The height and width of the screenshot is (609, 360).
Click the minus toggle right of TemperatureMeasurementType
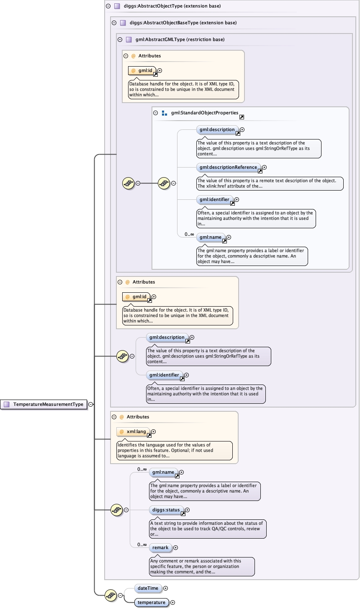pyautogui.click(x=91, y=404)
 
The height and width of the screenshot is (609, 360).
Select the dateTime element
pyautogui.click(x=148, y=588)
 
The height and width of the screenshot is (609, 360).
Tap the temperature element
pyautogui.click(x=151, y=602)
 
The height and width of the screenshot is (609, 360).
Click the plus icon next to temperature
pyautogui.click(x=172, y=602)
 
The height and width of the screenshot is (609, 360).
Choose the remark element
pyautogui.click(x=160, y=547)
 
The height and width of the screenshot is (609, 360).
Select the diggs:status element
pyautogui.click(x=166, y=510)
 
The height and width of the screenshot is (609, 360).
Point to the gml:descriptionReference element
pyautogui.click(x=228, y=167)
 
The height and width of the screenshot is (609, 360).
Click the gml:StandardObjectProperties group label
pyautogui.click(x=204, y=113)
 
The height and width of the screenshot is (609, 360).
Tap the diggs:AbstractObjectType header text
pyautogui.click(x=172, y=6)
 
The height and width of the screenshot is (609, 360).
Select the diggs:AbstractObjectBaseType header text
pyautogui.click(x=183, y=23)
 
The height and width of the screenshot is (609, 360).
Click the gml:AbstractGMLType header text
pyautogui.click(x=180, y=39)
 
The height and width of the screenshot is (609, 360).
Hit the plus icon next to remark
pyautogui.click(x=175, y=547)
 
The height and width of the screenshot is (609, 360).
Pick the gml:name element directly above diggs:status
pyautogui.click(x=163, y=472)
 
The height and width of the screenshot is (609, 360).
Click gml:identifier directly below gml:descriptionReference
pyautogui.click(x=214, y=199)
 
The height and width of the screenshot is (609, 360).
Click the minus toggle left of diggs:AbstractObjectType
pyautogui.click(x=108, y=6)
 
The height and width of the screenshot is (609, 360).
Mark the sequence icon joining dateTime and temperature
pyautogui.click(x=111, y=595)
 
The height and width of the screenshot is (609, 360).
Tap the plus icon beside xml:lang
pyautogui.click(x=153, y=431)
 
